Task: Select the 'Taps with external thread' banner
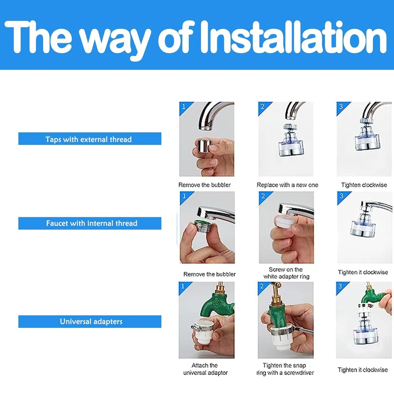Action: [x=90, y=139]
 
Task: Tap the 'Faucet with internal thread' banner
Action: [x=90, y=223]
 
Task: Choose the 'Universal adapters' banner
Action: [x=90, y=322]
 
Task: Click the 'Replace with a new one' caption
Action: [x=287, y=185]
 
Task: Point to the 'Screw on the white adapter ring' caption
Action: [x=286, y=273]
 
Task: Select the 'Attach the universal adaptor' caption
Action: [x=205, y=369]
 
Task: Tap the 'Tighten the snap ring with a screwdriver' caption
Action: [x=285, y=369]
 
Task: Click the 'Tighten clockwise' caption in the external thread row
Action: [x=364, y=185]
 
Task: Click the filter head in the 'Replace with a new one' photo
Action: [x=291, y=141]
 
